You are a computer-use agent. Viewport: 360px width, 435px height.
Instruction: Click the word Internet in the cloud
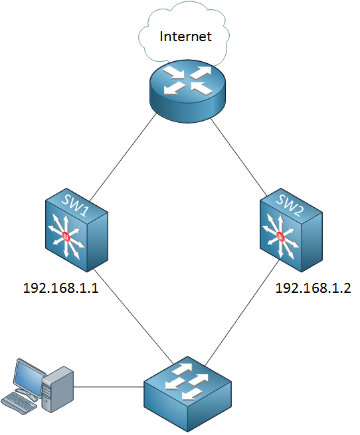[185, 37]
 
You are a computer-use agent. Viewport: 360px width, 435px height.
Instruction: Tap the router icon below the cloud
[187, 91]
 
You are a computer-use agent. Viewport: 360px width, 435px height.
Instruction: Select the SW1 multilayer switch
[76, 230]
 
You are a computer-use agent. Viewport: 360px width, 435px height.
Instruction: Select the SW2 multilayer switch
[291, 230]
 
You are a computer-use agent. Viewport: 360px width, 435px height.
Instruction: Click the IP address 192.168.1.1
[61, 288]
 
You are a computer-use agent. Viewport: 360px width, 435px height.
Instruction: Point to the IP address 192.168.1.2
[313, 288]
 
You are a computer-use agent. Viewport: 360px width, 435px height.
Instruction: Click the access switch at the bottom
[187, 394]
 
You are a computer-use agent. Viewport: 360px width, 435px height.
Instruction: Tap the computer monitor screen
[29, 376]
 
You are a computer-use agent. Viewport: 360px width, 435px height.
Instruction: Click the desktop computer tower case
[58, 389]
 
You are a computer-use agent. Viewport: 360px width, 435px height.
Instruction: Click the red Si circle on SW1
[66, 236]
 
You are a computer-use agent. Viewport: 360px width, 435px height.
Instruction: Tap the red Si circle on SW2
[280, 236]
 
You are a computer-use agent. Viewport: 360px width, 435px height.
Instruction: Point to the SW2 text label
[290, 205]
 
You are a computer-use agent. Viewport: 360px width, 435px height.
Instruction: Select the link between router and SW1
[124, 157]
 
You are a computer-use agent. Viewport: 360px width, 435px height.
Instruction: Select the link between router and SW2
[238, 157]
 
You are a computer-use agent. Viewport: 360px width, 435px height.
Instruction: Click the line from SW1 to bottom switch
[134, 316]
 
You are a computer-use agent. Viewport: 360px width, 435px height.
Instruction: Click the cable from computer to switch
[109, 387]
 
